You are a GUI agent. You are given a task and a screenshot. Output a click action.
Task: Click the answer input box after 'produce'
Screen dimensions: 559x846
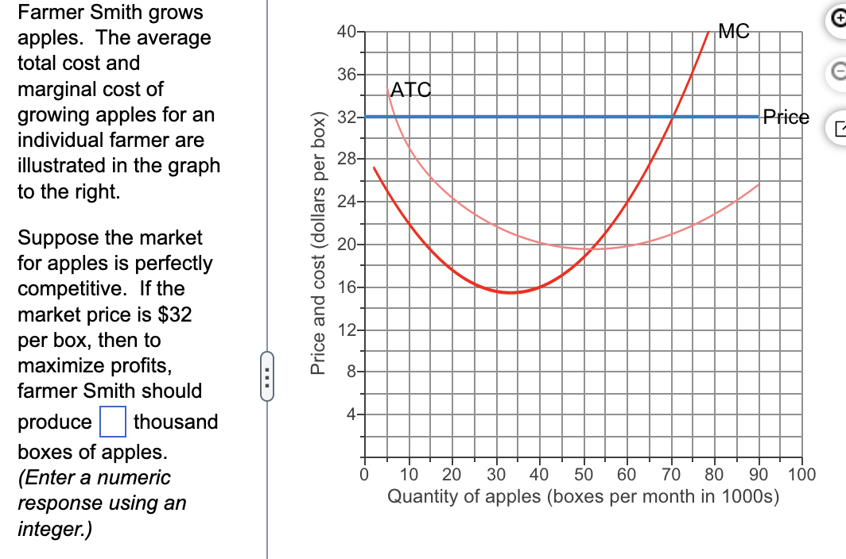click(x=113, y=421)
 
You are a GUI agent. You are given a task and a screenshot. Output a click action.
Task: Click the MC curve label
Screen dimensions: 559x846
click(x=732, y=31)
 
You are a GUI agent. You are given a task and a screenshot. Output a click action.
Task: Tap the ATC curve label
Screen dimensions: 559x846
click(x=411, y=91)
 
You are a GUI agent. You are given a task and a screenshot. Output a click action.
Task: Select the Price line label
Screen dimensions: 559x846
click(x=786, y=118)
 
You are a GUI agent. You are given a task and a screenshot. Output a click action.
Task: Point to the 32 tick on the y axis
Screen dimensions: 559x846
click(x=346, y=118)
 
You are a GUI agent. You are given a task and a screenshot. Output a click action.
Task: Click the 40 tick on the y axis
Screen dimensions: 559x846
click(x=346, y=33)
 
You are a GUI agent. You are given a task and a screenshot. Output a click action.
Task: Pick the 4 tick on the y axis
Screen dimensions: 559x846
click(x=350, y=414)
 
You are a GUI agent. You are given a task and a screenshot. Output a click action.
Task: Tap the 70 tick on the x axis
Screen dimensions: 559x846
click(x=670, y=476)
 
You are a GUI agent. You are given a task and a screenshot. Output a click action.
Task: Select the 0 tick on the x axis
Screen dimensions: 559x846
click(x=364, y=476)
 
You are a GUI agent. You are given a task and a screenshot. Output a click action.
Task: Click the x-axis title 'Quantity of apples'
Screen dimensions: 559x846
click(x=583, y=497)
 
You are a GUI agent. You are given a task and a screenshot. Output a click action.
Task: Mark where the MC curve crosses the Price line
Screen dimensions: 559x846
click(x=673, y=117)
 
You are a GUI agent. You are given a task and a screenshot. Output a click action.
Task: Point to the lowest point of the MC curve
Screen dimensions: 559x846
click(x=510, y=292)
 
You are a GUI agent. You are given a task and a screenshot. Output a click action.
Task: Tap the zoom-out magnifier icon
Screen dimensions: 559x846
click(x=837, y=71)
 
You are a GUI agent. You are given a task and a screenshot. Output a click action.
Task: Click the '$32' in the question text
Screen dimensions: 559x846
click(x=176, y=314)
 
